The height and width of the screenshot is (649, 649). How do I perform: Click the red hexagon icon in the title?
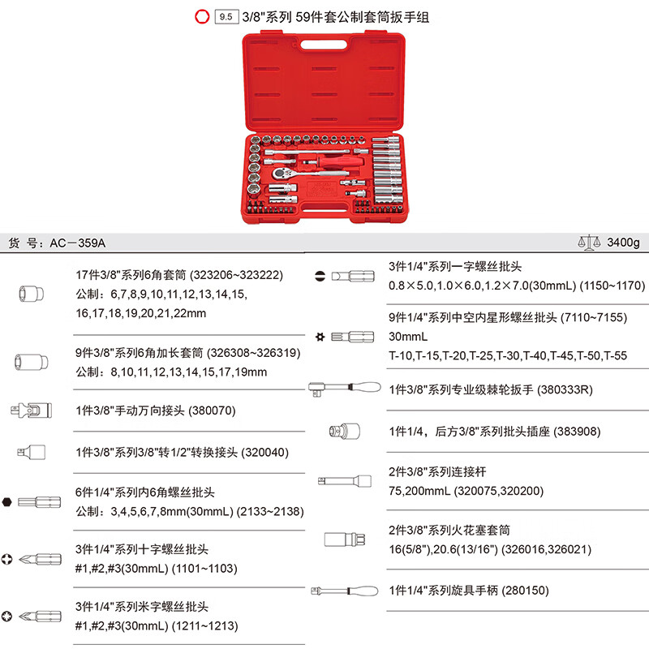coord(202,15)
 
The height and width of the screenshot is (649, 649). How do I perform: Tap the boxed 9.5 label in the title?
coord(225,15)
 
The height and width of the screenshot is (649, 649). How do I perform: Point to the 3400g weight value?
coord(622,243)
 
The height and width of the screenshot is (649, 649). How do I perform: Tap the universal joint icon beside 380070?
coord(28,410)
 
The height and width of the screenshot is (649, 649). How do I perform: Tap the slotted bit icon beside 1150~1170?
coord(346,276)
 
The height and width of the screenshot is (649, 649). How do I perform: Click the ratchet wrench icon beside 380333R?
coord(345,388)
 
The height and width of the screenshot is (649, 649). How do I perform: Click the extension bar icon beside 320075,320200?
coord(345,480)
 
